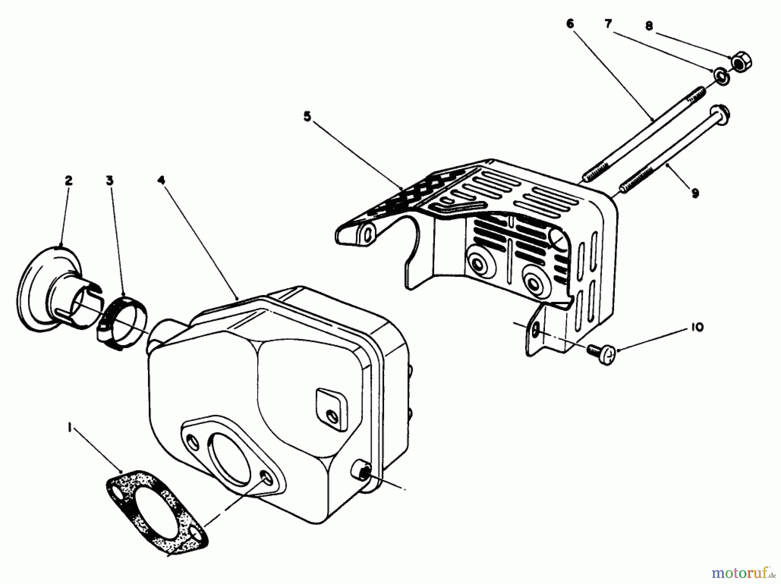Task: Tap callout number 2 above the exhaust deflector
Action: [x=69, y=181]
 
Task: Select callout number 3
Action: [x=110, y=181]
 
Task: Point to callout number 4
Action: [x=161, y=180]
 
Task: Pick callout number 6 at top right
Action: [x=570, y=24]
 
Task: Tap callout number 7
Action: [x=608, y=24]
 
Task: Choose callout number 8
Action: [x=649, y=26]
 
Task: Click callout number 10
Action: [x=696, y=328]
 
